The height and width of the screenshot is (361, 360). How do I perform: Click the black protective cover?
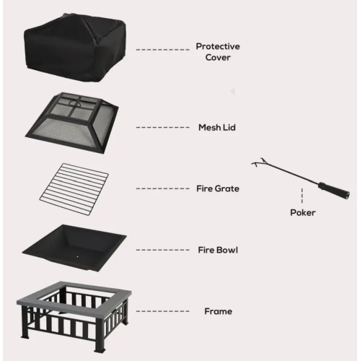click(74, 45)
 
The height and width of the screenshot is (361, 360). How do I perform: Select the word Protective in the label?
click(218, 45)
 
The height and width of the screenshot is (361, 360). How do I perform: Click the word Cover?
click(218, 56)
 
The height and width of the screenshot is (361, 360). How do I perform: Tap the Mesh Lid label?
click(217, 127)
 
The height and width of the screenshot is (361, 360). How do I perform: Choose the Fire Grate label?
click(218, 188)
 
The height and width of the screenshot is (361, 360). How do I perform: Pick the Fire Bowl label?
click(218, 250)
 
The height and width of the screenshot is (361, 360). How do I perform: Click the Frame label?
click(218, 311)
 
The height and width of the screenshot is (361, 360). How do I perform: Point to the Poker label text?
click(303, 212)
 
